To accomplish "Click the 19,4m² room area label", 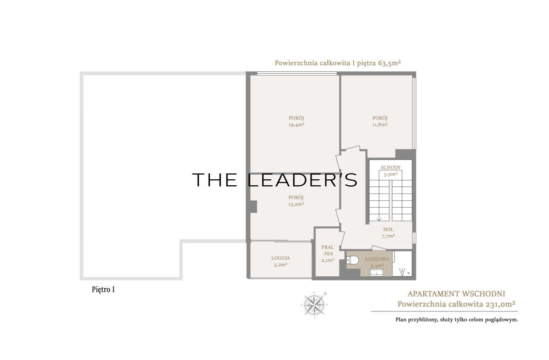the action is point(296,125).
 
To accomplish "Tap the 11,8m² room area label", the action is point(380,124).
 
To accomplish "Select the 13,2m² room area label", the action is point(296,204).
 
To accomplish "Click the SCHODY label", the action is point(390,167).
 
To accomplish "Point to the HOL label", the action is point(388,229).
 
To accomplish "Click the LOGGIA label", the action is point(280,258).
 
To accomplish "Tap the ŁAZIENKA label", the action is point(377,259).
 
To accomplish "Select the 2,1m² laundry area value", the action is point(328,260).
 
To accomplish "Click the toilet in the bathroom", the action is point(352,260).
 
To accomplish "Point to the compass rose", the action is point(314,305).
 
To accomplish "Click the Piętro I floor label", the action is point(103,290).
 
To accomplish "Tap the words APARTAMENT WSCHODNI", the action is point(457,294).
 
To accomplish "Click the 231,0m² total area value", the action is point(500,304).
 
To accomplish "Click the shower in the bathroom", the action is point(402,263).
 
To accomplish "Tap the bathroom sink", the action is point(377,273).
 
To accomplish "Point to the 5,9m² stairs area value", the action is point(390,174).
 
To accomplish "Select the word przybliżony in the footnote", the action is point(422,320).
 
